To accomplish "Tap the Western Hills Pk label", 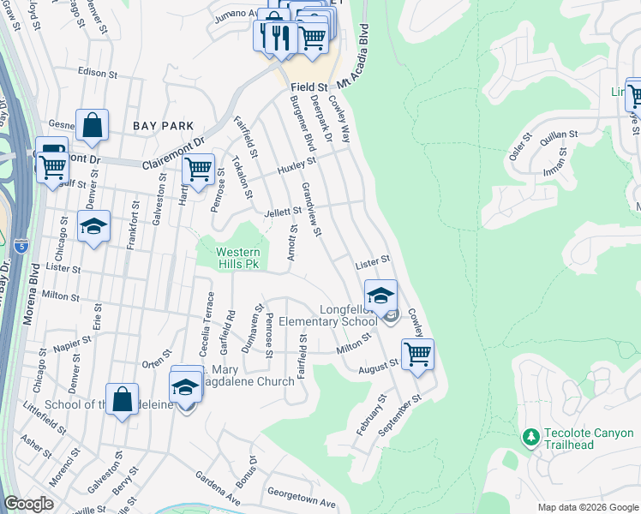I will click(x=237, y=259).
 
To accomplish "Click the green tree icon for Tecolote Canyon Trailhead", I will click(x=530, y=437).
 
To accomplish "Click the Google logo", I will click(x=28, y=504).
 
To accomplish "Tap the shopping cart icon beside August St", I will click(x=417, y=353).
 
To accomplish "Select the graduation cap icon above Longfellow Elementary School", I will click(x=380, y=295).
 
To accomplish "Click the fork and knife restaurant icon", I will click(x=273, y=36).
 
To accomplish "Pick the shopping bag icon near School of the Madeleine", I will click(x=123, y=398).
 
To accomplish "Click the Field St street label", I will click(x=309, y=87).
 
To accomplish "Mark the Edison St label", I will click(x=96, y=72).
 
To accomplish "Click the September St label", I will click(x=404, y=413).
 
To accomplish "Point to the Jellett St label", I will click(x=283, y=212).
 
